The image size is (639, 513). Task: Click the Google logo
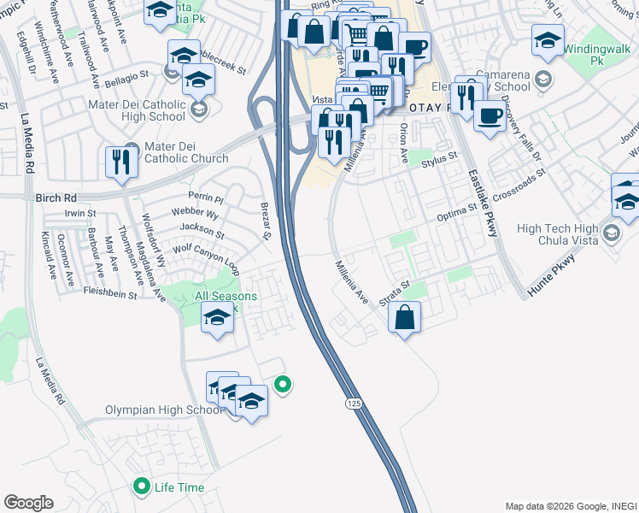tap(28, 503)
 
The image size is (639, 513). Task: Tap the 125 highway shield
tap(352, 402)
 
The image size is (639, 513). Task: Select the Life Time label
tap(179, 487)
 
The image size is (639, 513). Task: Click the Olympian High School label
tap(162, 410)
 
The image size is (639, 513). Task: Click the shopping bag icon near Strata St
tap(404, 317)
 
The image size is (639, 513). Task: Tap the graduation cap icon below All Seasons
tap(218, 320)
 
